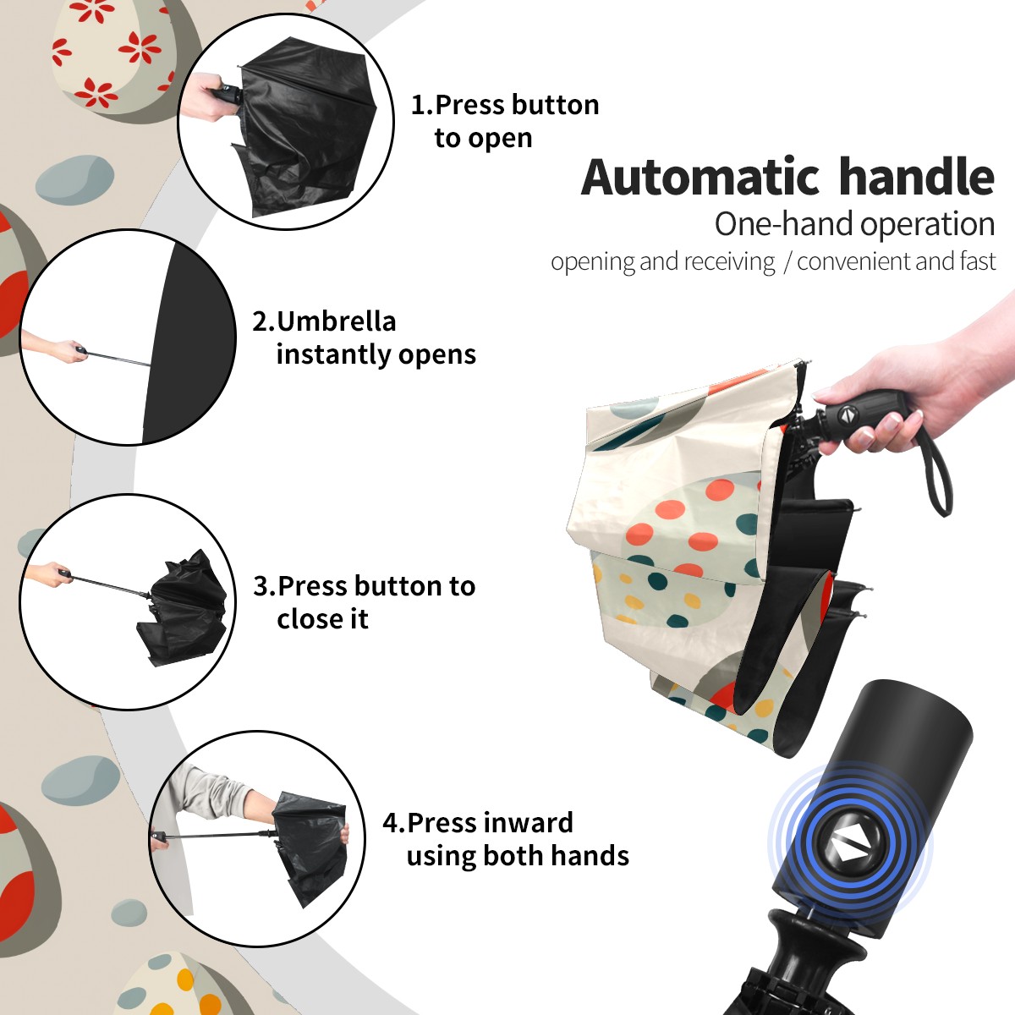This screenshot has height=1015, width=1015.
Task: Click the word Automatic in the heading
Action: pos(700,177)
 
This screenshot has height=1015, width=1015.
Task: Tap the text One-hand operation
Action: pos(854,224)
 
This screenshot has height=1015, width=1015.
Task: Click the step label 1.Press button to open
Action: pos(505,121)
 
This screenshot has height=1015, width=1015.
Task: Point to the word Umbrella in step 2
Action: pos(336,321)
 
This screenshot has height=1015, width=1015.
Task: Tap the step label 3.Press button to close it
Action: pos(364,602)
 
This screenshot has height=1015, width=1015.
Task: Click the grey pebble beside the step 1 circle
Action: pos(74,179)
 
